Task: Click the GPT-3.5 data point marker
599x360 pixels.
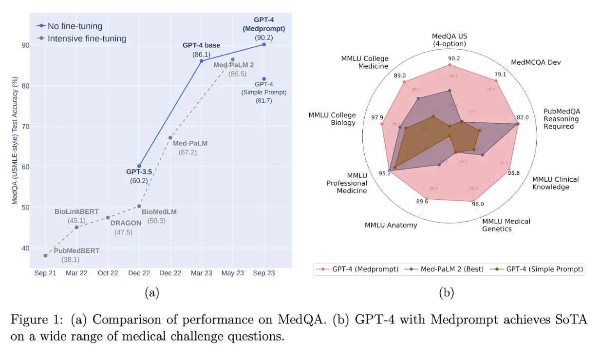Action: tap(139, 166)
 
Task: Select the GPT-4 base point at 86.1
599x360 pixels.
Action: tap(201, 61)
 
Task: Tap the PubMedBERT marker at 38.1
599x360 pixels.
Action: tap(45, 255)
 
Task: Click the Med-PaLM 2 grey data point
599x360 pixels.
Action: tap(232, 59)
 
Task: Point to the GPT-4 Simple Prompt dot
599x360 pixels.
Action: tap(264, 79)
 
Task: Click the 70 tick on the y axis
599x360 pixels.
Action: tap(25, 127)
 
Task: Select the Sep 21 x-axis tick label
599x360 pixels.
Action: tap(45, 273)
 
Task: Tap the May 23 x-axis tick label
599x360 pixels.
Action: tap(233, 273)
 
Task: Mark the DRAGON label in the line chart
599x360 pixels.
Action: tap(126, 223)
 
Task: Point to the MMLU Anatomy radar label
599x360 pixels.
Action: tap(391, 225)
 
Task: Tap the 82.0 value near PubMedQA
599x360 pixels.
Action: tap(523, 117)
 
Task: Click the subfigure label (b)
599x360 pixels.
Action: tap(447, 292)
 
